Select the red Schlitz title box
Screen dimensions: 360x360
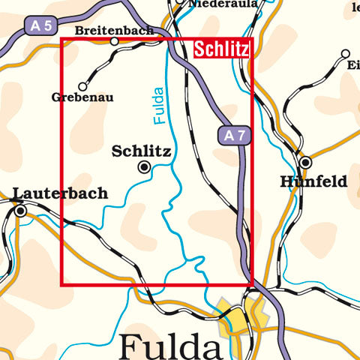[x=221, y=49]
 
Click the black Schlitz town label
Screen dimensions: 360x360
[x=141, y=151]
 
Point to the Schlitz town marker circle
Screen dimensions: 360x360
[x=144, y=167]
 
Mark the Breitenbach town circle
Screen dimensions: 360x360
[x=115, y=41]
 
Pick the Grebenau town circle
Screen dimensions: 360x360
[x=82, y=86]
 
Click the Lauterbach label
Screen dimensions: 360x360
[x=60, y=193]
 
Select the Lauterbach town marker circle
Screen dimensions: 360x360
[x=21, y=211]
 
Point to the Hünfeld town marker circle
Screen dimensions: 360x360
[x=305, y=162]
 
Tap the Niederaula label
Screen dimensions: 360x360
[x=223, y=4]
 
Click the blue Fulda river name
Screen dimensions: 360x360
[x=158, y=106]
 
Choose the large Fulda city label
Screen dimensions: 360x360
[x=170, y=346]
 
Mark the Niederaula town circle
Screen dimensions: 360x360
[x=178, y=2]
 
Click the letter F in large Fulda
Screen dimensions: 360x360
[x=130, y=346]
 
